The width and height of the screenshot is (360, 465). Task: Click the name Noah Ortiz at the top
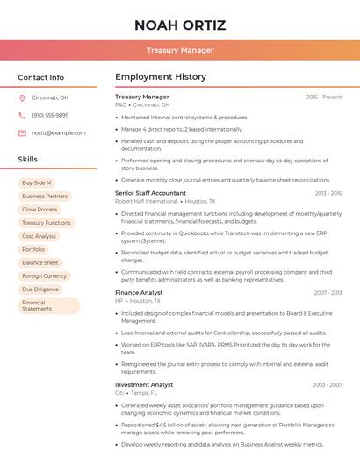coord(180,25)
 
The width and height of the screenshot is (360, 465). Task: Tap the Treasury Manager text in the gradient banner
coord(180,50)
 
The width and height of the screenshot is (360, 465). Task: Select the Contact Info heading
coord(41,77)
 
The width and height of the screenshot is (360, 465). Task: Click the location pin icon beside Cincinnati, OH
coord(22,98)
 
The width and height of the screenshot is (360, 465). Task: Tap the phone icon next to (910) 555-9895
coord(22,115)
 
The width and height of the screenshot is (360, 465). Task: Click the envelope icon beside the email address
coord(22,132)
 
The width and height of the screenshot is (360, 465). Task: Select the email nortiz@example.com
coord(53,132)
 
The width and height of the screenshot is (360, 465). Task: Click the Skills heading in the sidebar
coord(28,160)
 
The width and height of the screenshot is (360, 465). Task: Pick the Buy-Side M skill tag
coord(37,183)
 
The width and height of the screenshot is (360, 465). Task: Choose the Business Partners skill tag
coord(45,197)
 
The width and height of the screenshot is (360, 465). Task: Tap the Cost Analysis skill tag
coord(40,236)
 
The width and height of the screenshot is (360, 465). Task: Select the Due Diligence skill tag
coord(40,289)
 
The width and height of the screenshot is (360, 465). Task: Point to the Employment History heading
coord(161,77)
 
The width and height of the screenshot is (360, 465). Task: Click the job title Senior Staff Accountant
coord(150,192)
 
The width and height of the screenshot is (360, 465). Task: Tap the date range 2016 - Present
coord(324,97)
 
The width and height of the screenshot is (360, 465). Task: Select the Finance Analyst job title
coord(139,292)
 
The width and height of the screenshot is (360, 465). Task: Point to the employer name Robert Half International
coord(147,201)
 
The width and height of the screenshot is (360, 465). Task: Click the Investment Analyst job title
coord(144,384)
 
